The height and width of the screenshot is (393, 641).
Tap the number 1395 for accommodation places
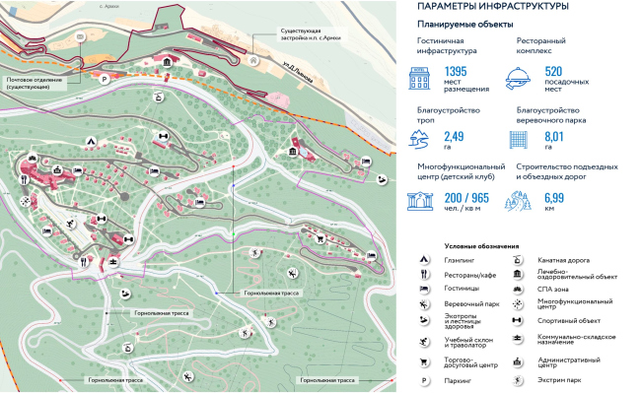[455, 73]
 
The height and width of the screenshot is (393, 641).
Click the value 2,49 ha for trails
[454, 136]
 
